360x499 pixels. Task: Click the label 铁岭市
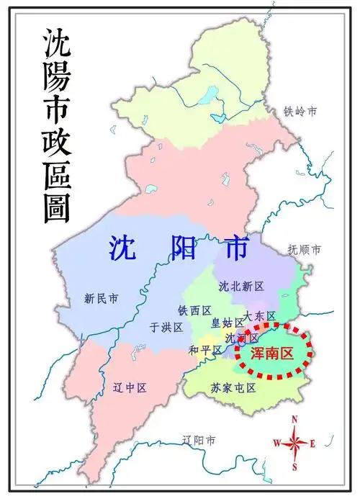300,111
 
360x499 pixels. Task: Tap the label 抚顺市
304,249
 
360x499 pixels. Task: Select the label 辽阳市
199,440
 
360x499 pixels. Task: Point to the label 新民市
101,297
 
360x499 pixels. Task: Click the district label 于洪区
166,327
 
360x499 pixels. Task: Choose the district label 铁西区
194,310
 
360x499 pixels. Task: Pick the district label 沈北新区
241,286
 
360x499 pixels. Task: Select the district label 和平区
204,349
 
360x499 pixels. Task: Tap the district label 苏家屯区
233,387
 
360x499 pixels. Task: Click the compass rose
294,442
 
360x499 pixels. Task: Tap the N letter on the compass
294,419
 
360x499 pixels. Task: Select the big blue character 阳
181,248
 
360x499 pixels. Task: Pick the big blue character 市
234,248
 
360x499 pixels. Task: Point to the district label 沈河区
242,337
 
